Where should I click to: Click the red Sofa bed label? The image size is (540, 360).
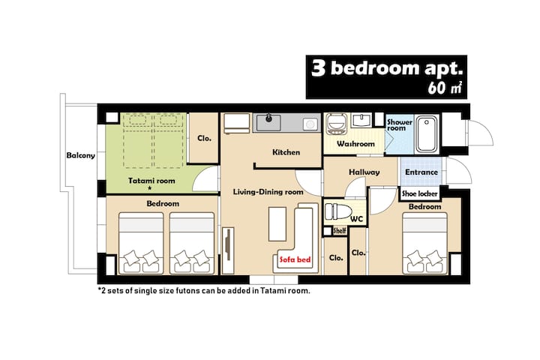pos(295,259)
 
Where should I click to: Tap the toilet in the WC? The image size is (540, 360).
pos(337,211)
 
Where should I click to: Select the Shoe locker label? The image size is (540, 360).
pos(419,193)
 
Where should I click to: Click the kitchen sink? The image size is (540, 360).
pos(268,123)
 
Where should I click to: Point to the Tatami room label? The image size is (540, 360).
pos(151,181)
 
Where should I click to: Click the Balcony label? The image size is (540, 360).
pos(80,155)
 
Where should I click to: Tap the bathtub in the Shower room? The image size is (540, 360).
pos(426,134)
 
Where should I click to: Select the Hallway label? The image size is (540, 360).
pos(364,172)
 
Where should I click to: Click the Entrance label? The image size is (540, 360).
pos(421,172)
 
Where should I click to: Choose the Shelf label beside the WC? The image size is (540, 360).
pos(340,231)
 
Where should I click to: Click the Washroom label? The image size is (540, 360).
pos(355,144)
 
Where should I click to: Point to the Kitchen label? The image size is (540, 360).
pos(286,152)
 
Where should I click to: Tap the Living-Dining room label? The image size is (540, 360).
pos(268,192)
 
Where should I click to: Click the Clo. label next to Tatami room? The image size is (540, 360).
pos(204,138)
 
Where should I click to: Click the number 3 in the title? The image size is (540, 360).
pos(319,68)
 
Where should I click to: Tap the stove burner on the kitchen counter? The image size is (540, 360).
pos(310,124)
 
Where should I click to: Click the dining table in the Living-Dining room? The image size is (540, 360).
pos(277,224)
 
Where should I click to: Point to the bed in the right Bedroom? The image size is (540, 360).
pos(424,244)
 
